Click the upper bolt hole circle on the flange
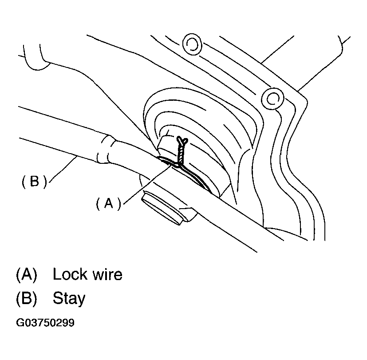(x=193, y=43)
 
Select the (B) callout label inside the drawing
(x=34, y=182)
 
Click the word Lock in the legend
(x=69, y=274)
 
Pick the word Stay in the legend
(x=68, y=298)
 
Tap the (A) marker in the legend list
(x=25, y=274)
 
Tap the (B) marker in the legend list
(x=25, y=298)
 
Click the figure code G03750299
(x=45, y=323)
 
